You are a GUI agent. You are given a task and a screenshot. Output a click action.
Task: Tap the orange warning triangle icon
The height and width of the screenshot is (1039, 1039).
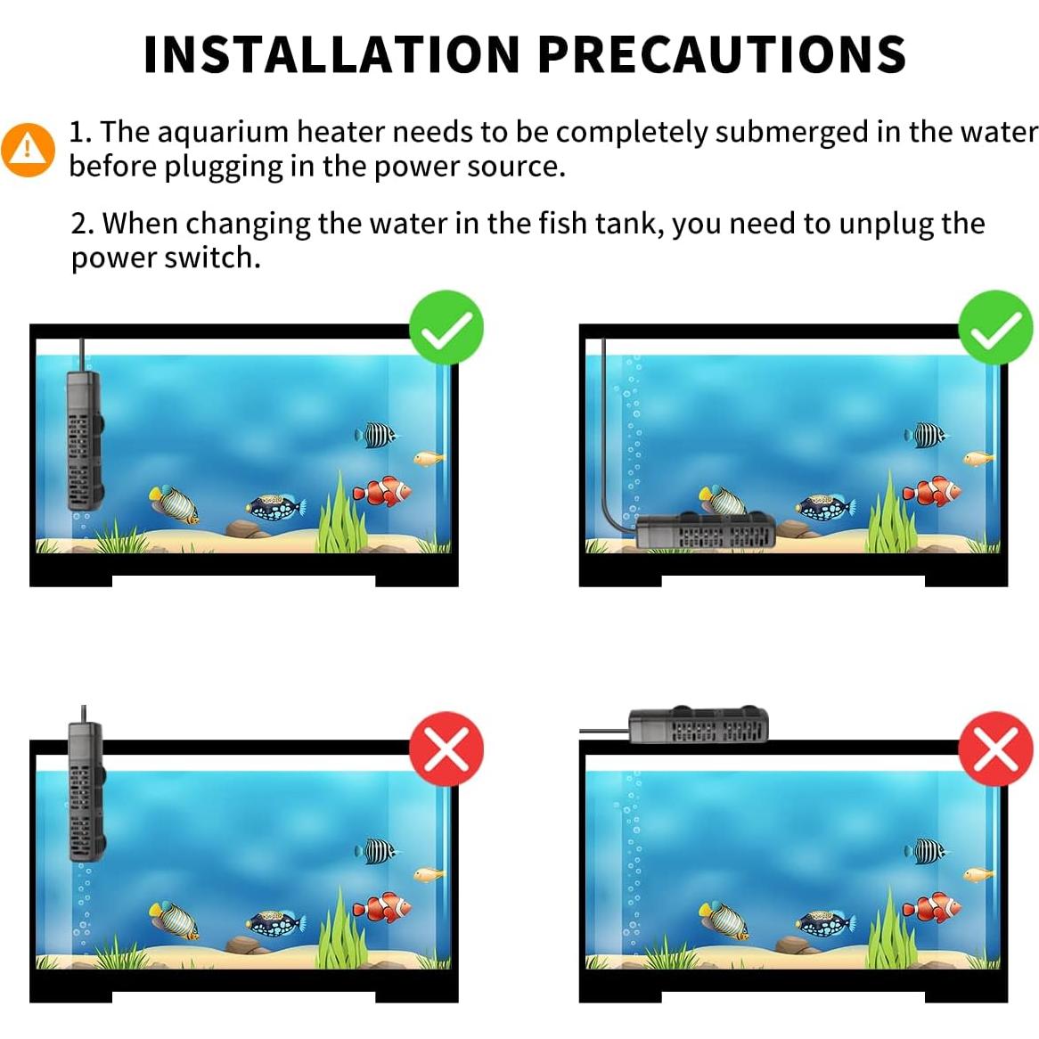(28, 149)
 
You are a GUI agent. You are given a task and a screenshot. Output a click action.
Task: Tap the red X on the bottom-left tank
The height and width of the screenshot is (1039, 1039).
(446, 749)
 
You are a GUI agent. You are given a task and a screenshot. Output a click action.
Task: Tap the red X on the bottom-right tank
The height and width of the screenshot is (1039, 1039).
(995, 749)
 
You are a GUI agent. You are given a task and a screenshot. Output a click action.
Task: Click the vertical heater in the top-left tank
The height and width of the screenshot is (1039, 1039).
(84, 441)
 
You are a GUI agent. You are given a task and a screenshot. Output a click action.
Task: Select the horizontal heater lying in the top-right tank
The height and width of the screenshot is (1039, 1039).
(704, 533)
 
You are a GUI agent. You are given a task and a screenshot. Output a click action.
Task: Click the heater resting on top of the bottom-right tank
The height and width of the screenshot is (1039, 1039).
(699, 725)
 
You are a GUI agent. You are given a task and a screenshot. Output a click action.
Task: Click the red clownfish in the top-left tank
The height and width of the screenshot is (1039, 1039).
(382, 491)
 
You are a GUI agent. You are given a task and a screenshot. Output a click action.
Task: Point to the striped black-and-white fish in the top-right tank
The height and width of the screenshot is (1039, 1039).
(926, 435)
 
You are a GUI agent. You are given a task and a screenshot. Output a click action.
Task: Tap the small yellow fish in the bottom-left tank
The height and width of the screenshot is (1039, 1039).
(429, 874)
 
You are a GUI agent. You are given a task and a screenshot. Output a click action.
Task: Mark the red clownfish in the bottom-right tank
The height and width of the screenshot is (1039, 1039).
(931, 907)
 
